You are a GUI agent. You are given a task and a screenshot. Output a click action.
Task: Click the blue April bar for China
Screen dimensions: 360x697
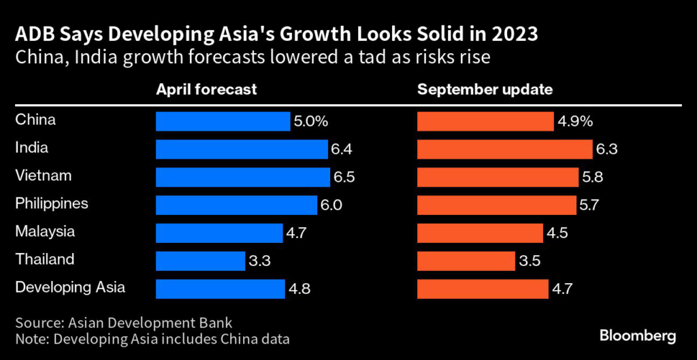(223, 121)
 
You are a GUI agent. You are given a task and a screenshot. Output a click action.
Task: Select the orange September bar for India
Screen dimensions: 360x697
(504, 149)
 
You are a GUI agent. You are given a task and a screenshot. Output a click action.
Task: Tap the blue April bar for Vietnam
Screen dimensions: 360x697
(243, 177)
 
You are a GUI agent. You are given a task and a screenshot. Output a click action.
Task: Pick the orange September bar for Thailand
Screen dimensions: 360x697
(466, 261)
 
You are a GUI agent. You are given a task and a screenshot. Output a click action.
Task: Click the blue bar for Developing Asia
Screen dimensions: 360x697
(221, 289)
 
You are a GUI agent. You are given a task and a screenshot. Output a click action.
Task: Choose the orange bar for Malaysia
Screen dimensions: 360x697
(480, 233)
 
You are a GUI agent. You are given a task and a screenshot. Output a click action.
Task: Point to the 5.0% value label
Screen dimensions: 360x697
(312, 122)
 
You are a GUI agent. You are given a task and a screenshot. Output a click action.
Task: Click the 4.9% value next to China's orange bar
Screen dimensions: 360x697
(576, 122)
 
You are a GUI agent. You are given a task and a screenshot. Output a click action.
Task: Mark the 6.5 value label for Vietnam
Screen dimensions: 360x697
(344, 178)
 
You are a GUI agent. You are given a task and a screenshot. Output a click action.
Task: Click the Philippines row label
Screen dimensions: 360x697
(52, 203)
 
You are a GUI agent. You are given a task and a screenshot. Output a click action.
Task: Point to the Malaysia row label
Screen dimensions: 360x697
(45, 231)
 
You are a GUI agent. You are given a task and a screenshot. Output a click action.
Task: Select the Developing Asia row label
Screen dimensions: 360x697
(70, 287)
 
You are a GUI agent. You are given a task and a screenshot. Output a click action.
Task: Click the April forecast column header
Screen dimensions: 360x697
(206, 90)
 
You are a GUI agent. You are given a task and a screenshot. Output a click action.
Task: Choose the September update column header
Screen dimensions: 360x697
(485, 90)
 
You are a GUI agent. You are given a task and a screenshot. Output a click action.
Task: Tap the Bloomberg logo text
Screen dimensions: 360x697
(638, 336)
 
